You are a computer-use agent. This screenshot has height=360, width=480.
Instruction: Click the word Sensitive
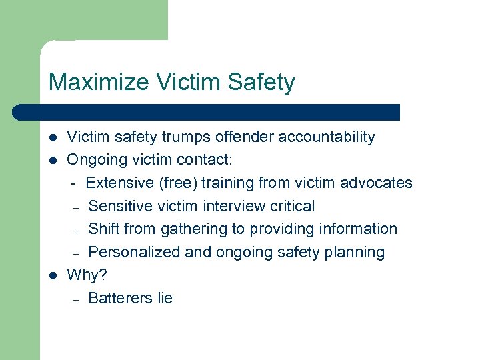pos(124,206)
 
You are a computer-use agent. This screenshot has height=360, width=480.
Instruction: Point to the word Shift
pos(104,229)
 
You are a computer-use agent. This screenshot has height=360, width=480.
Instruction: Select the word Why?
pos(87,275)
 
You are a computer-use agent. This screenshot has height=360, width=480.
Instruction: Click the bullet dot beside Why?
pos(53,275)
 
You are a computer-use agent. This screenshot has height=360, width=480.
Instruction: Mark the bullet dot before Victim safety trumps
pos(53,138)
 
